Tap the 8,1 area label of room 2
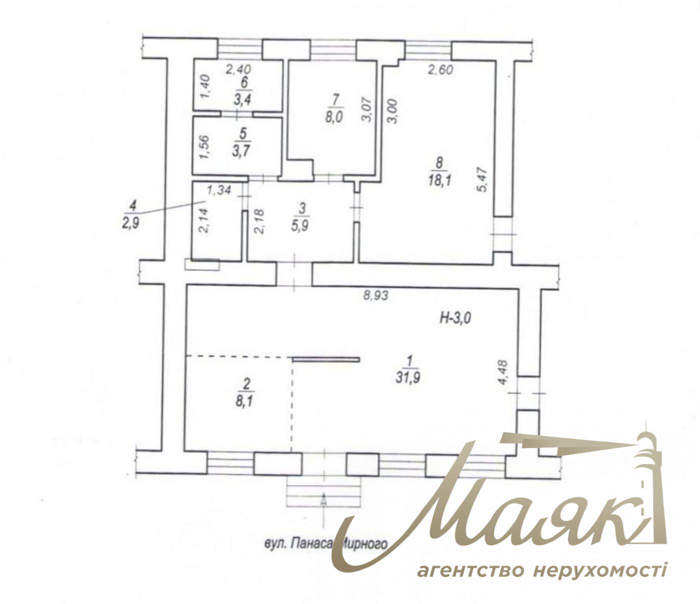pyautogui.click(x=245, y=402)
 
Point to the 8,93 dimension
pyautogui.click(x=376, y=296)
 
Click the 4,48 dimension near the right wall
pyautogui.click(x=503, y=371)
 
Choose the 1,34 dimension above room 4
pyautogui.click(x=219, y=190)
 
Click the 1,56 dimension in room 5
pyautogui.click(x=205, y=147)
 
